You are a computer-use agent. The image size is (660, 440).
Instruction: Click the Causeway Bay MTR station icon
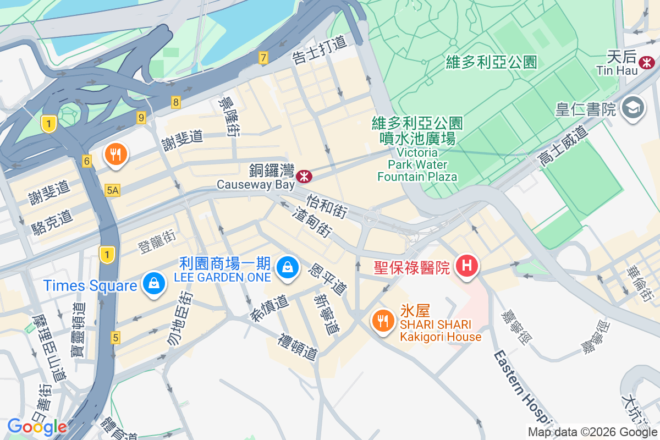[304, 176]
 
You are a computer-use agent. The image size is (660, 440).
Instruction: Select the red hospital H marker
[467, 267]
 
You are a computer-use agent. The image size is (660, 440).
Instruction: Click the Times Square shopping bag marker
[155, 284]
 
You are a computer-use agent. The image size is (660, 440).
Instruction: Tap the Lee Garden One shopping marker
[287, 268]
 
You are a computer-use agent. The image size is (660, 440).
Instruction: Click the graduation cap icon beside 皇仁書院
[633, 108]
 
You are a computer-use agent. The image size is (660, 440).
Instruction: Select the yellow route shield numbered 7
[263, 58]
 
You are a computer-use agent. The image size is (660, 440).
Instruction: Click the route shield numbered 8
[176, 102]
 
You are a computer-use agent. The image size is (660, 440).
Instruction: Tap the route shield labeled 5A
[112, 190]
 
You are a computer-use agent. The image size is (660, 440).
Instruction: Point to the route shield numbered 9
[141, 117]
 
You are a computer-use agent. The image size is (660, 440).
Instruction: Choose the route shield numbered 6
[86, 161]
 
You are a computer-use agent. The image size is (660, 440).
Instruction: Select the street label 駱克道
[52, 218]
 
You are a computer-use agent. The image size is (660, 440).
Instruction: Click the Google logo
[37, 426]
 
